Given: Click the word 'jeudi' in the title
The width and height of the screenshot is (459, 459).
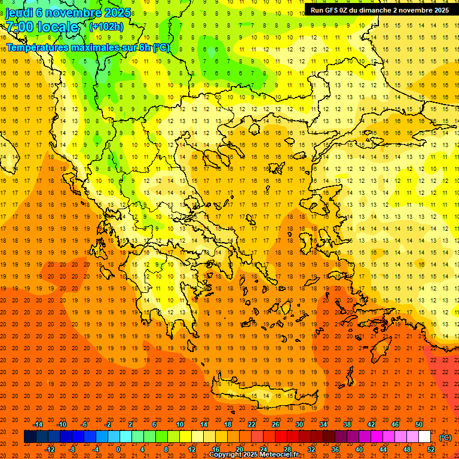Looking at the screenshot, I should [19, 12].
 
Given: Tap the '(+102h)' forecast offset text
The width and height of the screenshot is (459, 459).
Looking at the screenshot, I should [106, 26].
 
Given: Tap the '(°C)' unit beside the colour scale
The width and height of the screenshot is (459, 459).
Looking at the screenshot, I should [445, 437].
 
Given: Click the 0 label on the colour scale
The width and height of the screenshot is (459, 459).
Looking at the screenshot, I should [118, 449].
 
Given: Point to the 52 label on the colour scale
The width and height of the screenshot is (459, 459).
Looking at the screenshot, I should [431, 449].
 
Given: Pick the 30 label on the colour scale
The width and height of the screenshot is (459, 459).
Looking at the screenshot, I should [299, 424].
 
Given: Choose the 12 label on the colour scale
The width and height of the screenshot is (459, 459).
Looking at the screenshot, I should [192, 449].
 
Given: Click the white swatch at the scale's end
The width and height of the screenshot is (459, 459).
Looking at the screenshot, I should [425, 437].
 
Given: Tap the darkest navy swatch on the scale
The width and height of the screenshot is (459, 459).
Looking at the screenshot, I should [30, 437].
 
